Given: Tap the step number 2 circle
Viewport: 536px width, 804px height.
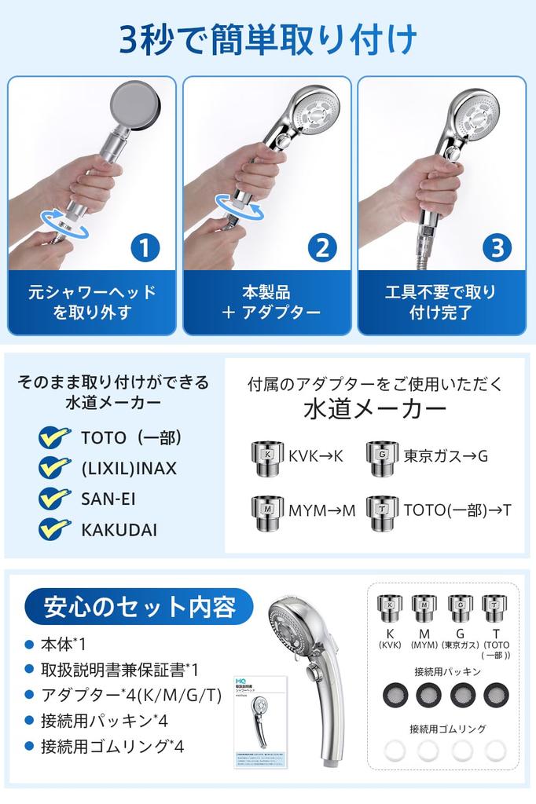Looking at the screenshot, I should click(321, 248).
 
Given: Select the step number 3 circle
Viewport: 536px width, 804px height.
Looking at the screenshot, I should click(496, 248).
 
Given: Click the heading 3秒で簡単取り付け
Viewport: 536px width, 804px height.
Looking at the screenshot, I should click(268, 38).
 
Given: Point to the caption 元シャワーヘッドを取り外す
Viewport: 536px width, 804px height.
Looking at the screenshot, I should click(93, 302).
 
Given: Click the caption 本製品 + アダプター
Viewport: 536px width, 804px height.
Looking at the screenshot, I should click(270, 302).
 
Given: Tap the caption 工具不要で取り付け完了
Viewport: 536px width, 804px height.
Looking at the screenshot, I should click(440, 302).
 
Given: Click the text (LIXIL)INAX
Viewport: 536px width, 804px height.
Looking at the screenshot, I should click(129, 468).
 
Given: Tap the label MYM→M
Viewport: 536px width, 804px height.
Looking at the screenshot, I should click(322, 510).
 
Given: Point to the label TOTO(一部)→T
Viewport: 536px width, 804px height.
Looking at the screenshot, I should click(458, 510).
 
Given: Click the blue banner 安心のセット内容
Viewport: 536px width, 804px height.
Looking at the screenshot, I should click(139, 607).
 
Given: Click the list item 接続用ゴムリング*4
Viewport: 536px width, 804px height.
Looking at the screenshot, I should click(112, 746).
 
